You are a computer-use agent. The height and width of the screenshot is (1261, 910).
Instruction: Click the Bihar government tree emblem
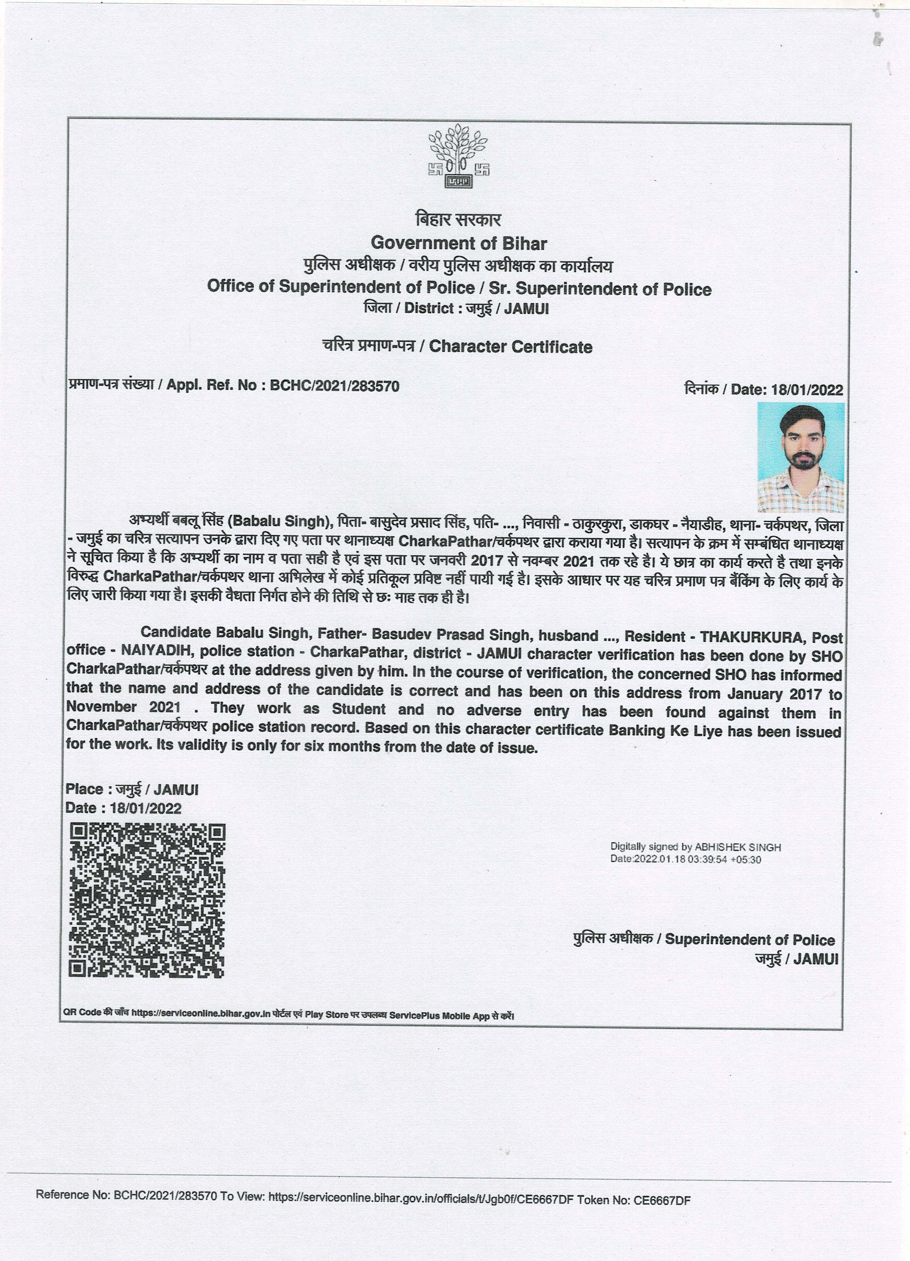pos(458,156)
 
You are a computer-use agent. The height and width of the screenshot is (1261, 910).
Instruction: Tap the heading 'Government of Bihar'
pos(459,243)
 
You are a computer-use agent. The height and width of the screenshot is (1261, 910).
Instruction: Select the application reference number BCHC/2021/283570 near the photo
pos(334,386)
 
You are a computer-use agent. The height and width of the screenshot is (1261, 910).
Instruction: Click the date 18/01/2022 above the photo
pos(807,390)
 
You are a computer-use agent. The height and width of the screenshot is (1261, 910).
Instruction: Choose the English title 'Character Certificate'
pos(511,347)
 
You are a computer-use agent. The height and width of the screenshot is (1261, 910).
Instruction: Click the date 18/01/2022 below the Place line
pos(146,808)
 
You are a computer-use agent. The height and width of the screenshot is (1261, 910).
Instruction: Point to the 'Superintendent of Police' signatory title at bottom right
pos(750,940)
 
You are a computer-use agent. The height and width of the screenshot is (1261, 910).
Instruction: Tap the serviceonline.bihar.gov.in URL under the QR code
pos(201,1013)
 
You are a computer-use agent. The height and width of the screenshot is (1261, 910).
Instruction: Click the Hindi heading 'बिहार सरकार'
pos(458,220)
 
